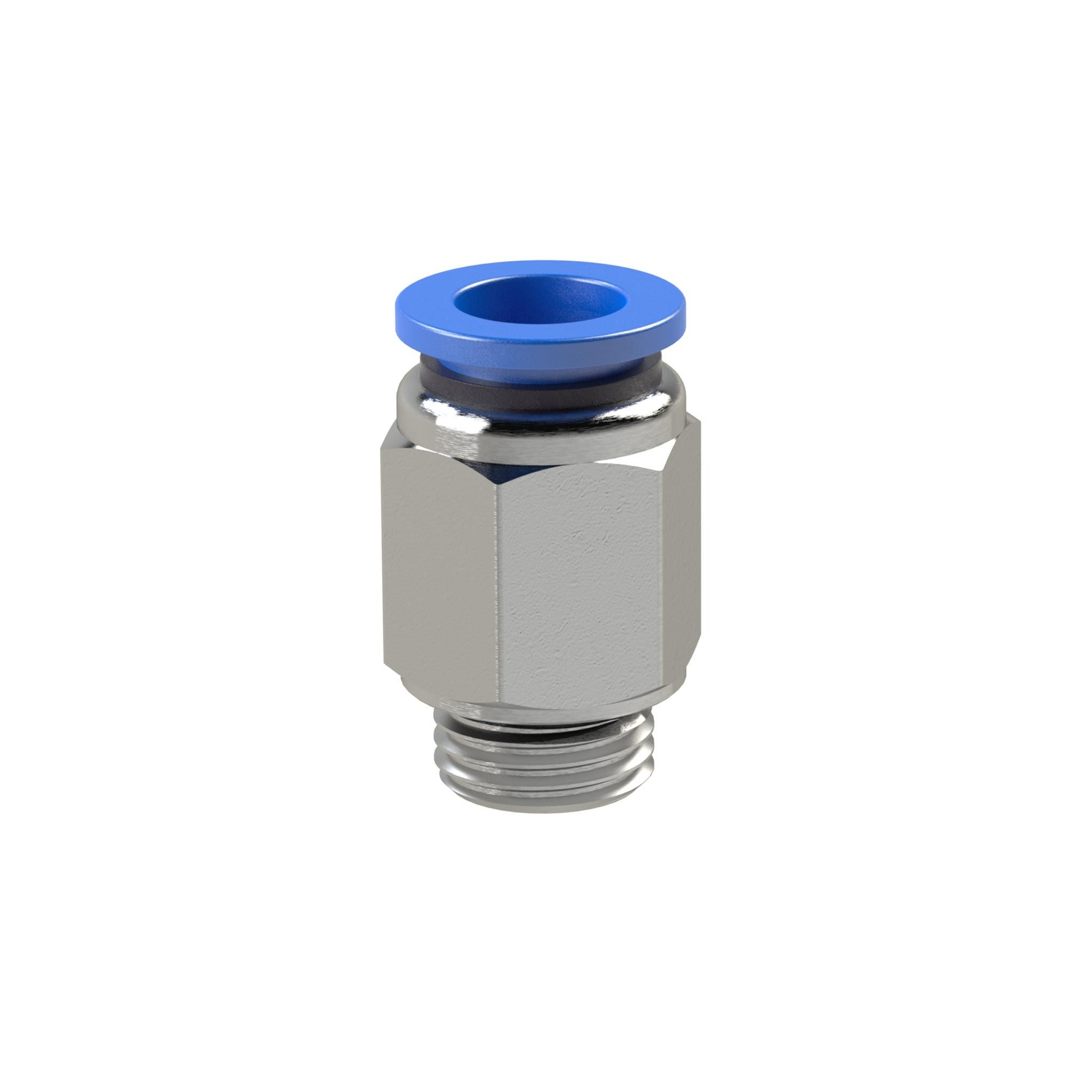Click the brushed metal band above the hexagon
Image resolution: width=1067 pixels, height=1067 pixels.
[x=556, y=447]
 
